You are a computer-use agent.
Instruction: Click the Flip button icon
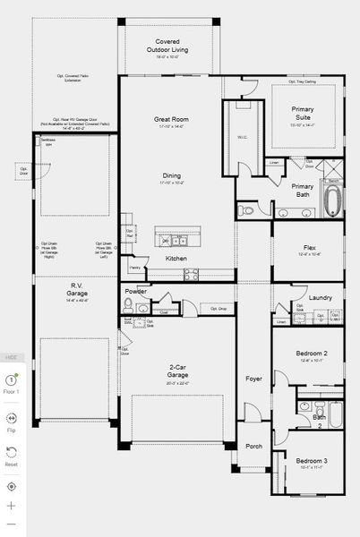[x=12, y=418]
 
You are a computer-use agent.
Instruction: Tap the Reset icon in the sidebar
[x=12, y=453]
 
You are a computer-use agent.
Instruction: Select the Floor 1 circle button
[x=12, y=381]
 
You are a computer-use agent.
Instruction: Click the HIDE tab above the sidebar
[x=12, y=356]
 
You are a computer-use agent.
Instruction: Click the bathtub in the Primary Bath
[x=332, y=202]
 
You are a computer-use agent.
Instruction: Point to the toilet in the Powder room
[x=128, y=309]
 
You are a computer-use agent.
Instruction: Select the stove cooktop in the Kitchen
[x=191, y=276]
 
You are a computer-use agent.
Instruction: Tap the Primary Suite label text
[x=303, y=113]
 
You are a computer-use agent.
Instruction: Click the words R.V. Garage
[x=77, y=292]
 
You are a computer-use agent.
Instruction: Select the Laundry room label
[x=320, y=297]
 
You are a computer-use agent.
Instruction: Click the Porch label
[x=253, y=447]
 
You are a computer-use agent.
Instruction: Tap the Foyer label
[x=253, y=379]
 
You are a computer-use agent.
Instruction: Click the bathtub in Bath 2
[x=336, y=414]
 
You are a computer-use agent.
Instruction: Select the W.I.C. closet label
[x=243, y=137]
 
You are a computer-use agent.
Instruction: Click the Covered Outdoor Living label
[x=168, y=46]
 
